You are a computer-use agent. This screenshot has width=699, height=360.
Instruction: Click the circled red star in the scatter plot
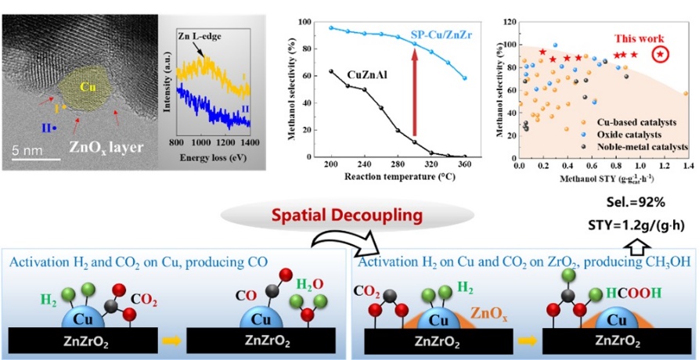661,54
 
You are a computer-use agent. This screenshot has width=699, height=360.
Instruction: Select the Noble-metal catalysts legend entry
647,146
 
